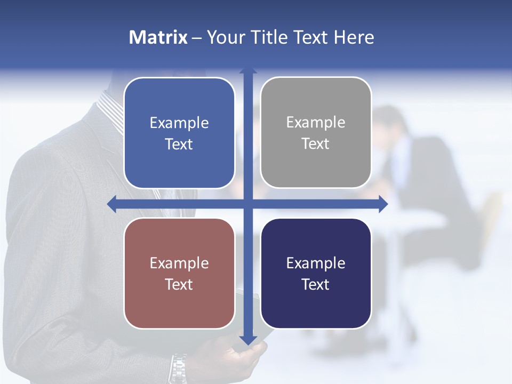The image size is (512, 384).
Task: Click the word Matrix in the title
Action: click(x=158, y=37)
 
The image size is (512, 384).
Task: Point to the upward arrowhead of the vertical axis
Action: click(x=248, y=71)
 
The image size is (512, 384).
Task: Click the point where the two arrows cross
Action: click(x=248, y=204)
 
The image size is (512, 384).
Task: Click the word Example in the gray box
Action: click(x=316, y=123)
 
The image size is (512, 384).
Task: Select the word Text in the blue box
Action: click(x=179, y=145)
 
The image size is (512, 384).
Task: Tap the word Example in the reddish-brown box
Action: click(x=179, y=263)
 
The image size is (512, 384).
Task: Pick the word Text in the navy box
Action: click(x=316, y=285)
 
